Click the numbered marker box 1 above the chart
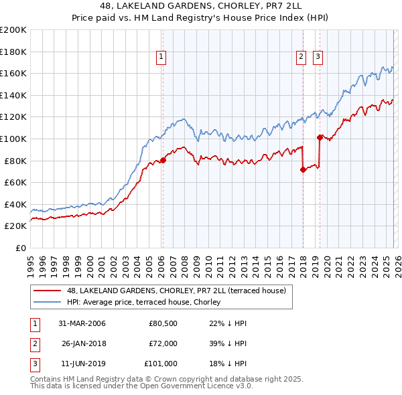(x=162, y=58)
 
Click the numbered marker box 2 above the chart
(x=301, y=58)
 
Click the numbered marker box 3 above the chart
(x=318, y=58)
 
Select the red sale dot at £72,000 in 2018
(x=303, y=169)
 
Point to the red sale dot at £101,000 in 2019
(x=320, y=138)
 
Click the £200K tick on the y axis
(x=13, y=30)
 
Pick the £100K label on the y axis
(x=13, y=139)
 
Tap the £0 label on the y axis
(x=20, y=248)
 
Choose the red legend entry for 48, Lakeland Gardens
(x=176, y=291)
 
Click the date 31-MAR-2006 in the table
(x=82, y=323)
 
